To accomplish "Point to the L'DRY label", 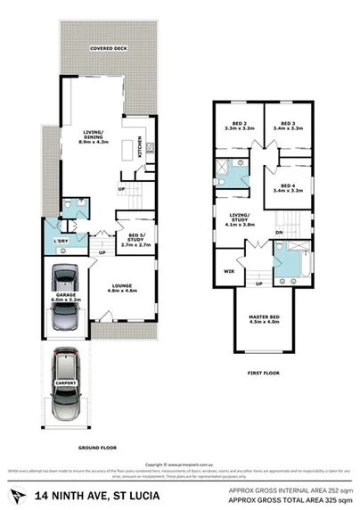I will [x=61, y=243].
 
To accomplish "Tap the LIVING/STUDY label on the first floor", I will [x=240, y=218].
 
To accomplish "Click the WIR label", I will [x=228, y=269].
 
